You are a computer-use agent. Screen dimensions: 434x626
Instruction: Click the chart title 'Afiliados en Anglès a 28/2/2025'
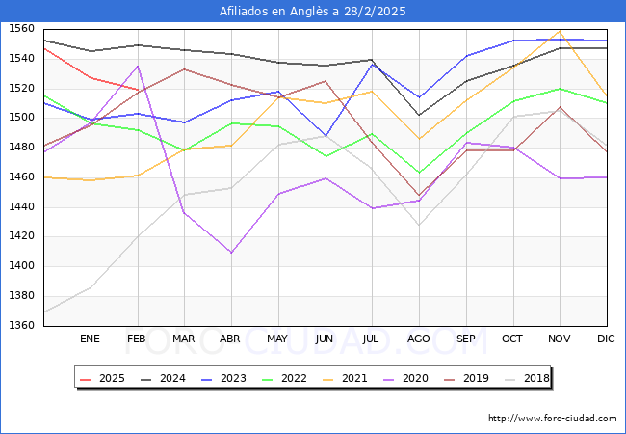pyautogui.click(x=313, y=12)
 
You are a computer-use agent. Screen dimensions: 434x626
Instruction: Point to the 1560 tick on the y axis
pyautogui.click(x=21, y=29)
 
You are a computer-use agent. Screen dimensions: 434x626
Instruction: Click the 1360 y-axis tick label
pyautogui.click(x=21, y=325)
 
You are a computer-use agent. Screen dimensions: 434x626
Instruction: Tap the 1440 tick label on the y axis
pyautogui.click(x=21, y=206)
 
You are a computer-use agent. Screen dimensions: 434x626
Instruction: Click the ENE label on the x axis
pyautogui.click(x=90, y=339)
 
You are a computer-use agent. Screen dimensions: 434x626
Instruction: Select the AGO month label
pyautogui.click(x=419, y=339)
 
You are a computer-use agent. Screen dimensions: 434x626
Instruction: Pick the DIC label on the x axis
pyautogui.click(x=607, y=339)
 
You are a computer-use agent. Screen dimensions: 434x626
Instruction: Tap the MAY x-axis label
pyautogui.click(x=277, y=339)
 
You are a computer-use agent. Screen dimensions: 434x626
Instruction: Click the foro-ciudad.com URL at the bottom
pyautogui.click(x=552, y=419)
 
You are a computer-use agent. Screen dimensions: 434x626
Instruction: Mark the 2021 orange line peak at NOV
pyautogui.click(x=560, y=31)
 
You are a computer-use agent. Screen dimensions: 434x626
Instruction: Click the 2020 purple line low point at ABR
pyautogui.click(x=230, y=253)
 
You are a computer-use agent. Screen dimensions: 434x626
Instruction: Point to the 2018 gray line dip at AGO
pyautogui.click(x=419, y=226)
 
